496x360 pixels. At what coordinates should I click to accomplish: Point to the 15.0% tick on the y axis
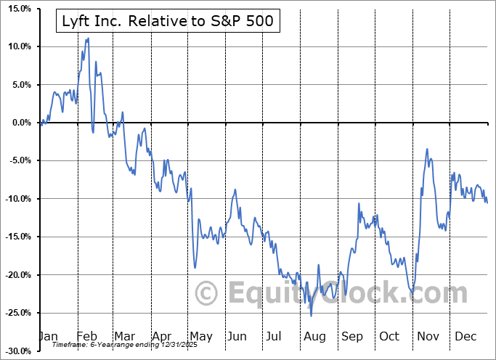click(17, 9)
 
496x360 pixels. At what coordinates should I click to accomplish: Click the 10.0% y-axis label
click(17, 46)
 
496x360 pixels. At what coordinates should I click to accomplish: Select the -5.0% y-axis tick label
click(17, 160)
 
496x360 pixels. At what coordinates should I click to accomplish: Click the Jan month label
click(49, 337)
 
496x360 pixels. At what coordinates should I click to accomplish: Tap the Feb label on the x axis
click(88, 337)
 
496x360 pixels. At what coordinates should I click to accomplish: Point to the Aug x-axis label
click(314, 337)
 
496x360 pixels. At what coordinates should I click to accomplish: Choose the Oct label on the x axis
click(389, 337)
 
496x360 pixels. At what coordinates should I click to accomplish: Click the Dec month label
click(464, 337)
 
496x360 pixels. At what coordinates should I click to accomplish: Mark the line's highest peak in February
click(88, 38)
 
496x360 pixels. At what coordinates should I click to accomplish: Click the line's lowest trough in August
click(312, 316)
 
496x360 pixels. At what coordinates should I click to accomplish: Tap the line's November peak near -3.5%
click(428, 149)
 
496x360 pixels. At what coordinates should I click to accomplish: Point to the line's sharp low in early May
click(195, 268)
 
